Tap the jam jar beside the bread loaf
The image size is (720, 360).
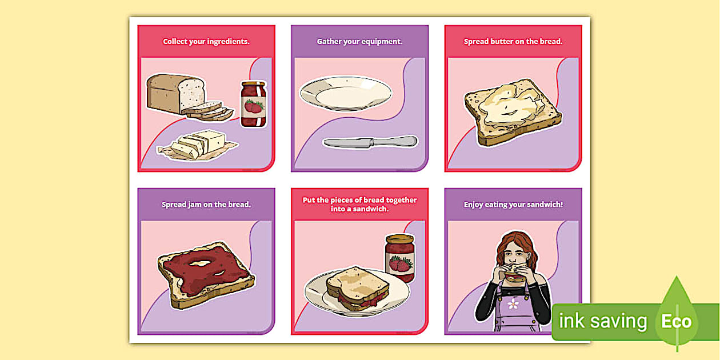click(253, 105)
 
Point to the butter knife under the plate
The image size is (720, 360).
click(369, 142)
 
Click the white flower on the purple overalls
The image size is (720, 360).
click(513, 304)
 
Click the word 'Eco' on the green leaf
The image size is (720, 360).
click(677, 321)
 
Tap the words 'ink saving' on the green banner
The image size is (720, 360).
click(602, 321)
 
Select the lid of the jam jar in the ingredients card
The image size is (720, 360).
click(254, 84)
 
